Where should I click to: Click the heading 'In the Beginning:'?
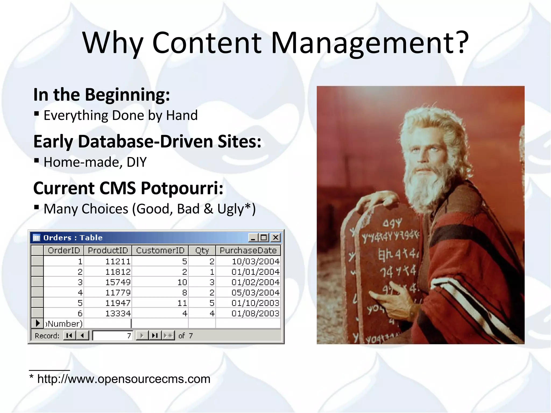101,95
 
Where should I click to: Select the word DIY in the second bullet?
136,162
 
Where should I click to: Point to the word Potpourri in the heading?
182,188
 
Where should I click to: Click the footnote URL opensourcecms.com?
123,379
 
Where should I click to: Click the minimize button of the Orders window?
253,238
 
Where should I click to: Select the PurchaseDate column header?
248,251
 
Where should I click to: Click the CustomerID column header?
160,251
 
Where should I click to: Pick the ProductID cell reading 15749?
118,282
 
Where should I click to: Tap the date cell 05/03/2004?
255,293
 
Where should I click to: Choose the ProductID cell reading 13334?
118,314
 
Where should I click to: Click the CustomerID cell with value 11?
182,303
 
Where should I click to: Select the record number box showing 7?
112,336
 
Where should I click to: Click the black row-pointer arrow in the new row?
38,323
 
